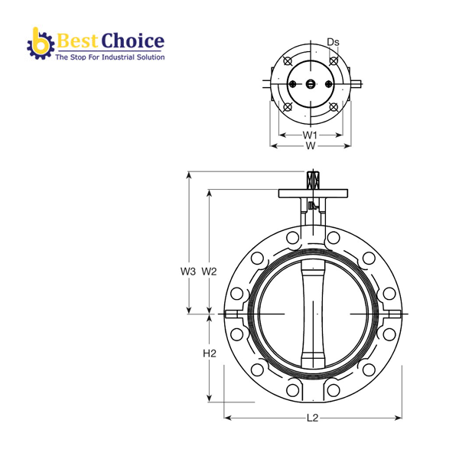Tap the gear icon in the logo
point(39,44)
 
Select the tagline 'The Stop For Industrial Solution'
point(109,57)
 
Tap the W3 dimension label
point(188,272)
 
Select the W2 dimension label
point(210,272)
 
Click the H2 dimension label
point(210,353)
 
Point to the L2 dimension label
point(312,418)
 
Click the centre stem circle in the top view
point(310,85)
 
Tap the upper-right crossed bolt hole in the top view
point(333,61)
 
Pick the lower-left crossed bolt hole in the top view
point(287,108)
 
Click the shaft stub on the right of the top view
point(357,83)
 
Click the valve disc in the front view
point(314,314)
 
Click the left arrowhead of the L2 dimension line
point(227,418)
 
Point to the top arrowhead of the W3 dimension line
point(188,174)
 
